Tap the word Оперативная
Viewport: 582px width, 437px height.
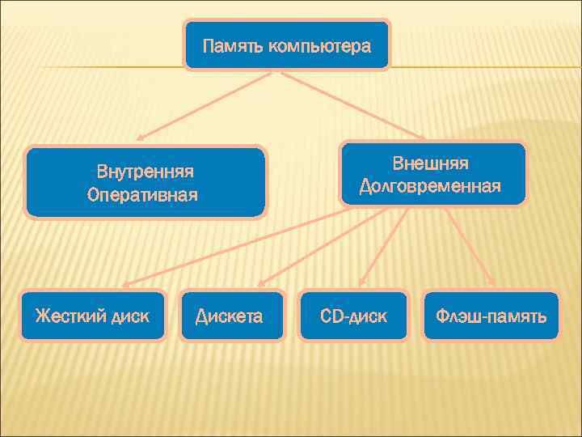[x=142, y=195]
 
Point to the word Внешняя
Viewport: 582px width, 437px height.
[x=431, y=163]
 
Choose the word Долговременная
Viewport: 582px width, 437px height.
[x=431, y=187]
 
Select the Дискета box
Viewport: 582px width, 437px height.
[x=230, y=316]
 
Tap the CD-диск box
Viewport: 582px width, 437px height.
[x=353, y=316]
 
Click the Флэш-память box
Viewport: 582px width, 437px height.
[x=490, y=316]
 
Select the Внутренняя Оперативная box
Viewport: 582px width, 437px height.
[x=145, y=182]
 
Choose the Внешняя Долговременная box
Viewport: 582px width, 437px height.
[x=432, y=174]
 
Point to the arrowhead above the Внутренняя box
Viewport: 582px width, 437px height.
[x=141, y=138]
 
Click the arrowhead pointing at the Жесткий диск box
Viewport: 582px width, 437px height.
[x=127, y=285]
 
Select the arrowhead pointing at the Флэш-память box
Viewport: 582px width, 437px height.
[x=491, y=283]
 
